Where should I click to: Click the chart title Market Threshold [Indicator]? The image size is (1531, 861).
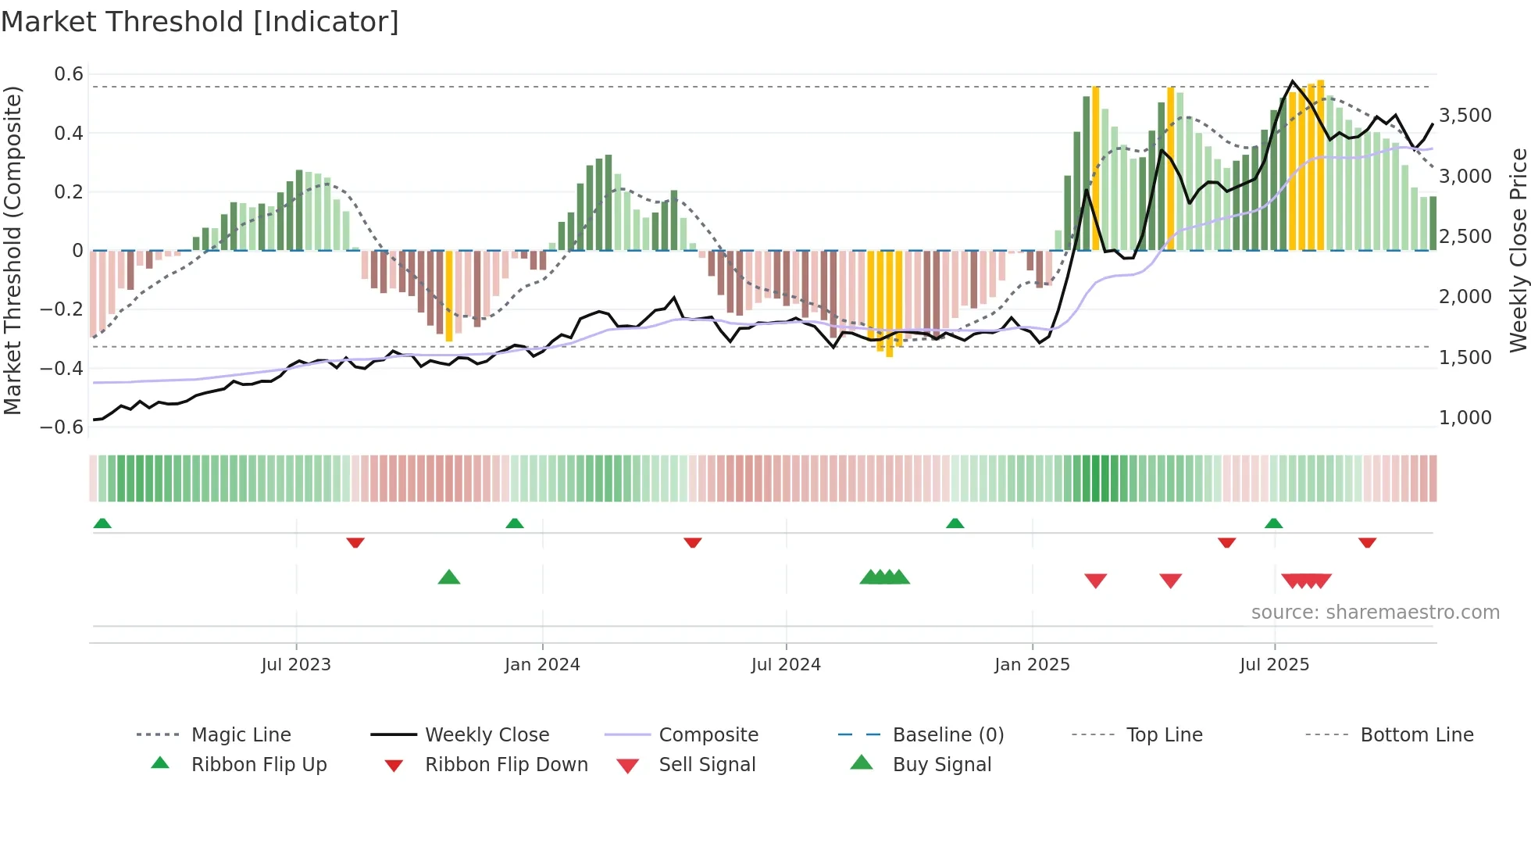pos(200,22)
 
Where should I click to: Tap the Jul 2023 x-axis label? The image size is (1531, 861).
pos(296,664)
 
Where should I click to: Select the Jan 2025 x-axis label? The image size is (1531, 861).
pos(1032,664)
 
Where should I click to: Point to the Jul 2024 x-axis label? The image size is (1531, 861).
pos(786,664)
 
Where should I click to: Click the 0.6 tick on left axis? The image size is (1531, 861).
pos(69,74)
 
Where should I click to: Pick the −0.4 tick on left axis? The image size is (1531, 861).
pos(62,368)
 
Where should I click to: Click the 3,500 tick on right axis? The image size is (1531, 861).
pos(1465,116)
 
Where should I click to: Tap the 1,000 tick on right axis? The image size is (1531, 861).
pos(1465,418)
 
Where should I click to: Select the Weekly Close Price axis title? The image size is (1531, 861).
pos(1518,250)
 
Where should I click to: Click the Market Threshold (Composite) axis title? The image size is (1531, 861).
pos(12,250)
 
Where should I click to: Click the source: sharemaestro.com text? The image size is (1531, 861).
pos(1375,612)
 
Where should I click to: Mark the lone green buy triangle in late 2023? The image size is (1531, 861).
pos(449,577)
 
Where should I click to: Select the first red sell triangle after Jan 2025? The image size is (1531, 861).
pos(1095,581)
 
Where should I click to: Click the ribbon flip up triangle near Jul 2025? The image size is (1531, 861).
pos(1273,523)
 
